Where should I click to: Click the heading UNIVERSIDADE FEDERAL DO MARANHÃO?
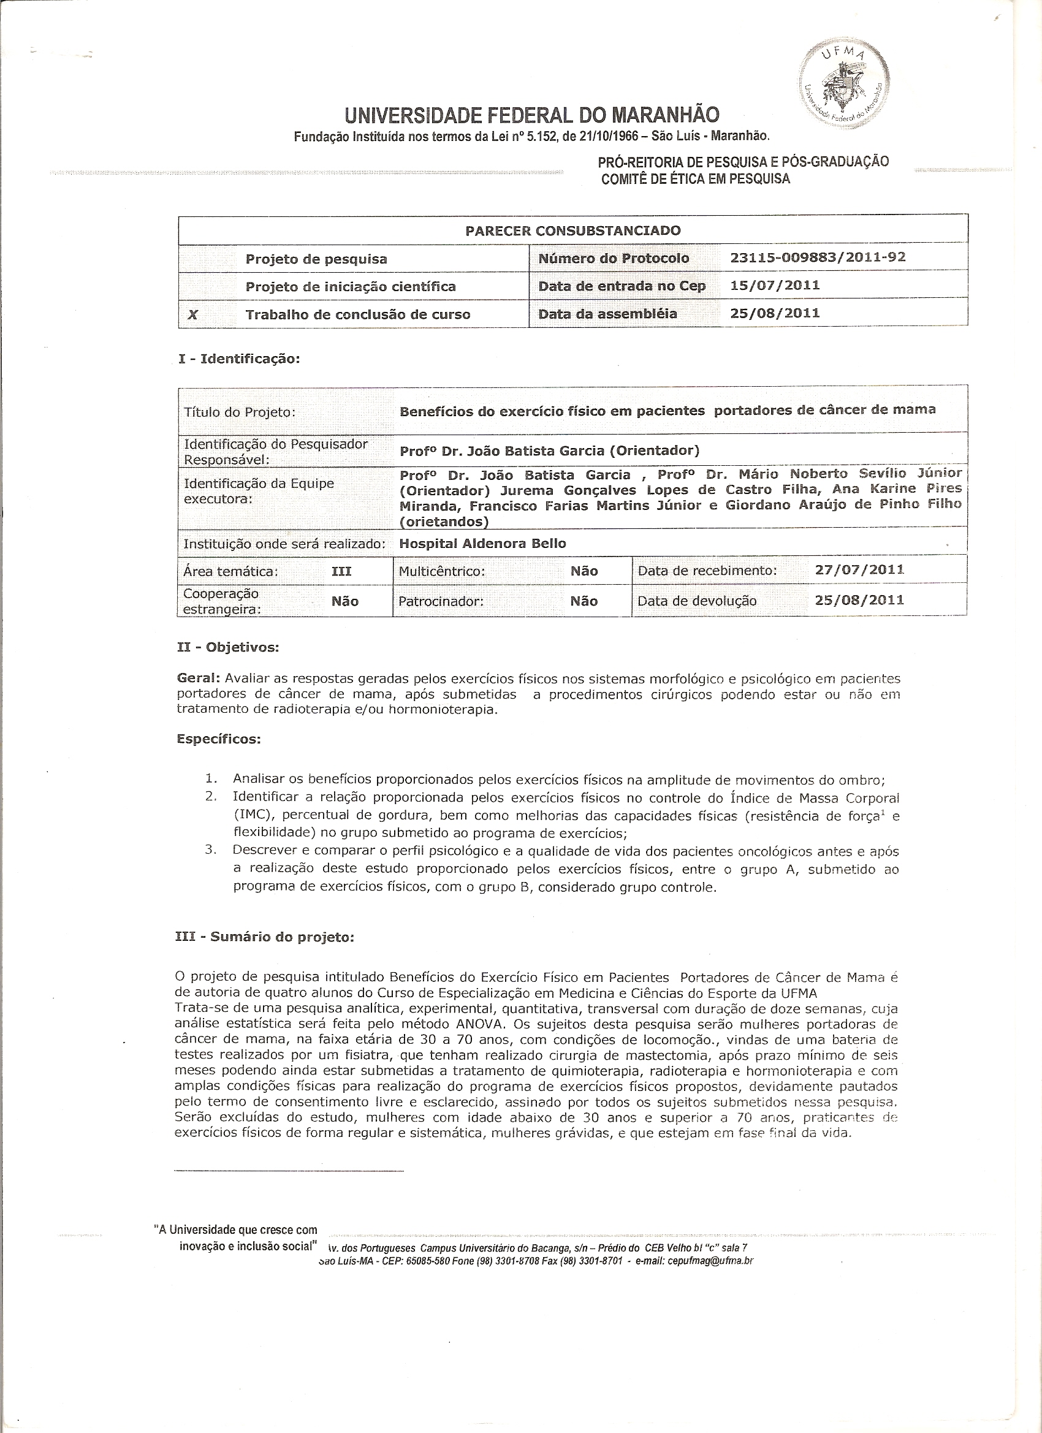(x=531, y=116)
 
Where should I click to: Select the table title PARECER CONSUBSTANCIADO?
(x=572, y=230)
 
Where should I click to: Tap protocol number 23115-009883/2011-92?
(x=818, y=257)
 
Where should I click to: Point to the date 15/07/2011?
(x=775, y=285)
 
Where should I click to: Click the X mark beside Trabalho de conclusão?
(x=193, y=314)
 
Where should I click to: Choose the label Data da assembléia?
(x=607, y=313)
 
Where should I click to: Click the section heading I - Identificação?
(x=239, y=358)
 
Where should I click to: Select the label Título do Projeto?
(x=240, y=412)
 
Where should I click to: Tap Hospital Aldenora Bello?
(x=483, y=544)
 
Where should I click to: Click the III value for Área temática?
(x=342, y=571)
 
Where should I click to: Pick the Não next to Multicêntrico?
(x=584, y=571)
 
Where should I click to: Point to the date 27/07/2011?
(x=859, y=569)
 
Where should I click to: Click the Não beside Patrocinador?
(x=584, y=601)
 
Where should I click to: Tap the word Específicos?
(x=219, y=739)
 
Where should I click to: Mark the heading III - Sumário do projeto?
(x=264, y=937)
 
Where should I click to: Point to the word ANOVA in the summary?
(x=475, y=1024)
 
